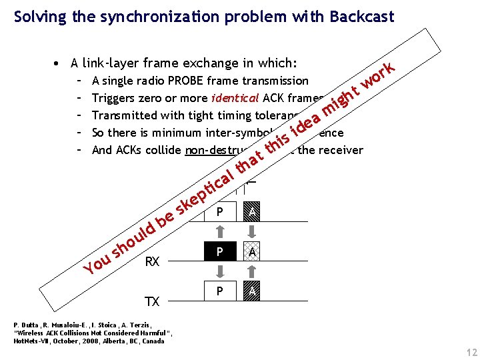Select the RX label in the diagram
(x=152, y=262)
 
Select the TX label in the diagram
(x=152, y=301)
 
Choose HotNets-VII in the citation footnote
(x=33, y=341)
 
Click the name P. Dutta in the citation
(x=25, y=325)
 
